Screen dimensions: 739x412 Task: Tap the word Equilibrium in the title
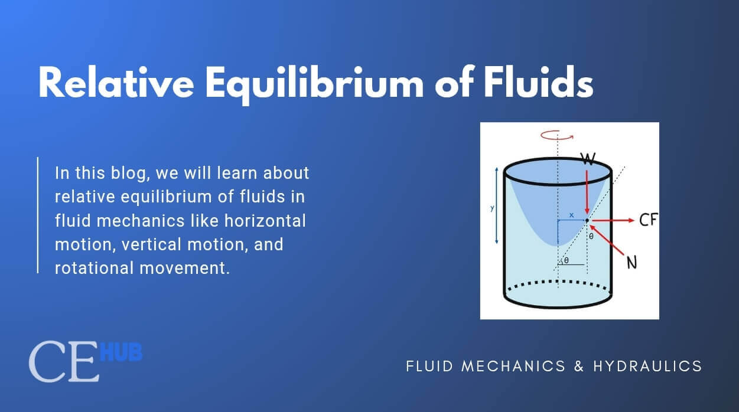(314, 85)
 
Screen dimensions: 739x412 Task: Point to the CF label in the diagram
(649, 220)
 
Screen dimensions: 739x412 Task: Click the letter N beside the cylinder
(631, 263)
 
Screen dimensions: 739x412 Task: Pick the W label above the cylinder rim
(588, 159)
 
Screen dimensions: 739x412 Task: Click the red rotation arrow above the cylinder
(557, 136)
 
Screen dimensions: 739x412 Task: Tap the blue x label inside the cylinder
(571, 215)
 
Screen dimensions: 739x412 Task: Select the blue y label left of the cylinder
(492, 208)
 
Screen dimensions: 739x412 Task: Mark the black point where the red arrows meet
(587, 220)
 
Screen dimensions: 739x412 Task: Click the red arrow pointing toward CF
(613, 220)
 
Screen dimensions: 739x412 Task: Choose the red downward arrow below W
(587, 192)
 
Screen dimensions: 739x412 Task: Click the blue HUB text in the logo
(121, 352)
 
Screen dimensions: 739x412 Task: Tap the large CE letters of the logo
(64, 361)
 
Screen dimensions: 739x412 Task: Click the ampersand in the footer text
(580, 366)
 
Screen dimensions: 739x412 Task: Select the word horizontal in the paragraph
(265, 221)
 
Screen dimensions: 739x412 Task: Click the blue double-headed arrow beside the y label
(497, 205)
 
